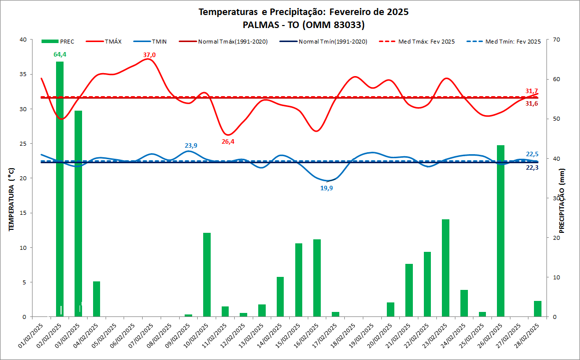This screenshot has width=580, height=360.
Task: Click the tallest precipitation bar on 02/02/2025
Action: click(x=60, y=190)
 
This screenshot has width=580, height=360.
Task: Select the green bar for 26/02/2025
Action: click(x=500, y=230)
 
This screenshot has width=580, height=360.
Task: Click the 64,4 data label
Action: click(x=60, y=54)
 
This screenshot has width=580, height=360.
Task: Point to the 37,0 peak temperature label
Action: click(x=149, y=55)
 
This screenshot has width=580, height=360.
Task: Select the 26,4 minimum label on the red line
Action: click(x=228, y=142)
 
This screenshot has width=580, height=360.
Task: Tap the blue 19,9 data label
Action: click(x=326, y=188)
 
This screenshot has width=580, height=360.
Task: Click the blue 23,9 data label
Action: click(x=190, y=145)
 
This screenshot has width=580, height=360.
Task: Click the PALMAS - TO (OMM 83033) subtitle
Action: click(x=303, y=24)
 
